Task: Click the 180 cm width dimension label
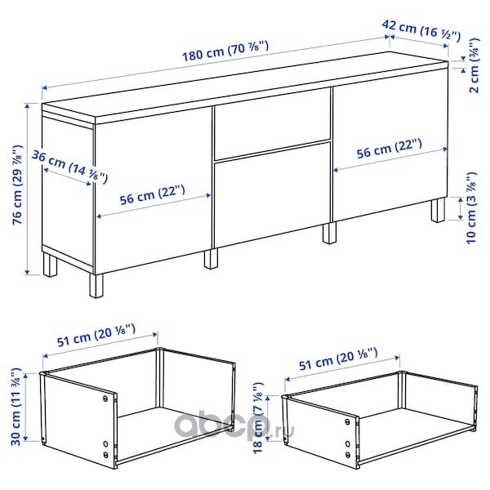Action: click(x=225, y=51)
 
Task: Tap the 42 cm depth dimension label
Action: click(x=421, y=30)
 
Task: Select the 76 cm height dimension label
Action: click(x=17, y=185)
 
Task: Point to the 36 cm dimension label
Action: click(x=69, y=167)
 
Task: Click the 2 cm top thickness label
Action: click(x=474, y=65)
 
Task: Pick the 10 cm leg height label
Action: click(x=471, y=207)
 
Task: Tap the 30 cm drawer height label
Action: click(x=16, y=407)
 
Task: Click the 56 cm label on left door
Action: click(x=153, y=194)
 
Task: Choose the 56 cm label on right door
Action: click(x=390, y=149)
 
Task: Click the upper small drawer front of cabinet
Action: click(x=272, y=128)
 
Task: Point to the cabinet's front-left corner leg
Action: click(x=96, y=286)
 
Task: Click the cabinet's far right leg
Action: click(x=438, y=210)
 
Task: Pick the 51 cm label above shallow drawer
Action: click(x=338, y=359)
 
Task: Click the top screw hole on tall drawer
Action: click(x=105, y=399)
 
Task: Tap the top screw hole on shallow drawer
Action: click(x=348, y=421)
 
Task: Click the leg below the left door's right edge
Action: click(x=211, y=258)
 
